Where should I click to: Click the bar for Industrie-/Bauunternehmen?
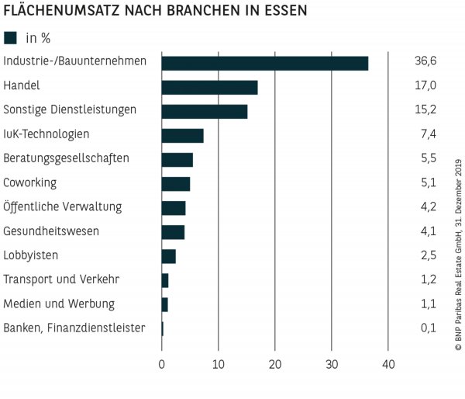coord(264,63)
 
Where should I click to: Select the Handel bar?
coord(209,87)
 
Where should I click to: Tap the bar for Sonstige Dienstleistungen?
coord(204,111)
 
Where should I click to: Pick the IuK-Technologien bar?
coord(182,135)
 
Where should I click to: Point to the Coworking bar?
coord(175,184)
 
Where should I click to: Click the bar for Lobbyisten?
coord(168,256)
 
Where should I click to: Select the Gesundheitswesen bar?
coord(173,232)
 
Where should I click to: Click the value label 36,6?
coord(425,61)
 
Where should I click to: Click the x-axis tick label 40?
coord(388,365)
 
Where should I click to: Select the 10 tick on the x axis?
coord(219,365)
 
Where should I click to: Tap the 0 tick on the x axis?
coord(162,365)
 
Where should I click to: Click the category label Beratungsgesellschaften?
coord(66,158)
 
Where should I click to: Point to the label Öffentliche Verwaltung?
coord(63,207)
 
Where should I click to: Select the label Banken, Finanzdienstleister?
coord(74,328)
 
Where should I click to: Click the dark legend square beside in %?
coord(10,37)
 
